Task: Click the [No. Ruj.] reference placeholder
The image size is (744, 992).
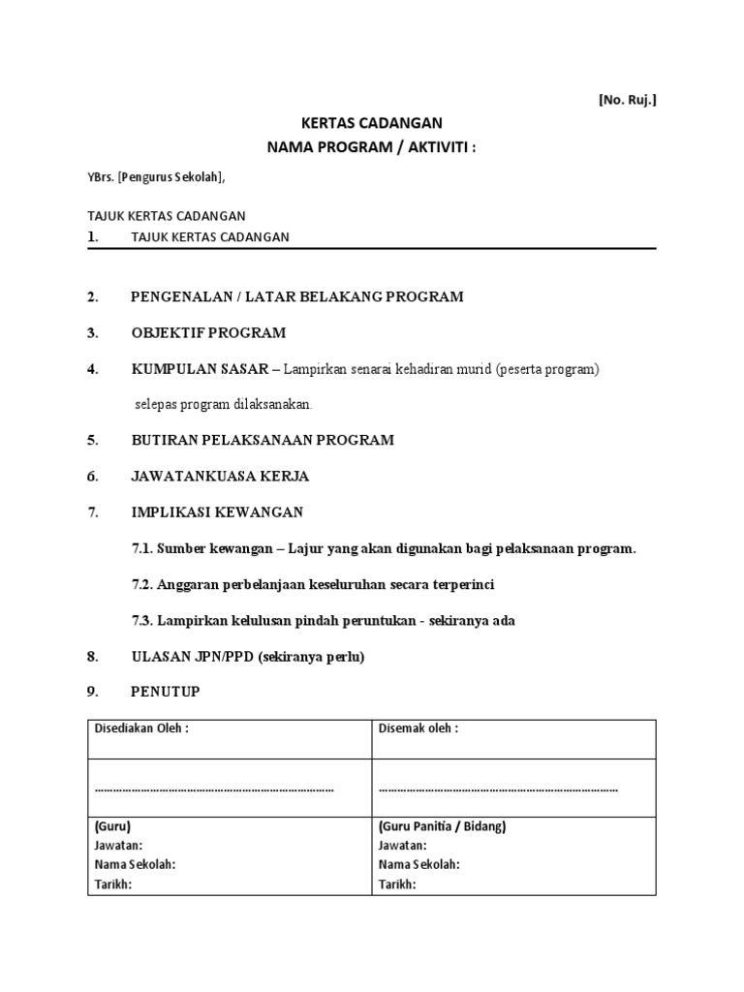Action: coord(627,99)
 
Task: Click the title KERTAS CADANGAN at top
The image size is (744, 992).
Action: coord(373,123)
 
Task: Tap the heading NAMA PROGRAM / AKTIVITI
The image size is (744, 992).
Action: coord(373,147)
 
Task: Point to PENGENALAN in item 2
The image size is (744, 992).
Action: coord(177,296)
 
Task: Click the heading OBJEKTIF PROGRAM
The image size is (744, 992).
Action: coord(208,333)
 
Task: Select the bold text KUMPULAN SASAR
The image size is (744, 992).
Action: coord(200,369)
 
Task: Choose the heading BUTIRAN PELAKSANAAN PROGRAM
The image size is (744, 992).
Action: coord(263,440)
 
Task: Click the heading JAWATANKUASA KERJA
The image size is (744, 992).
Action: coord(220,476)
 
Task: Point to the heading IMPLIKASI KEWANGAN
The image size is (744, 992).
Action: coord(217,511)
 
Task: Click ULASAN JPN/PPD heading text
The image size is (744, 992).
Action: coord(193,657)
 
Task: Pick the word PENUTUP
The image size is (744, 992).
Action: coord(167,693)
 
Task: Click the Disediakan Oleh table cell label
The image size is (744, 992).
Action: coord(141,728)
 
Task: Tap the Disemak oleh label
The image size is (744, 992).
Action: coord(418,728)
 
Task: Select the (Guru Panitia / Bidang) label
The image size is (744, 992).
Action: coord(442,826)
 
